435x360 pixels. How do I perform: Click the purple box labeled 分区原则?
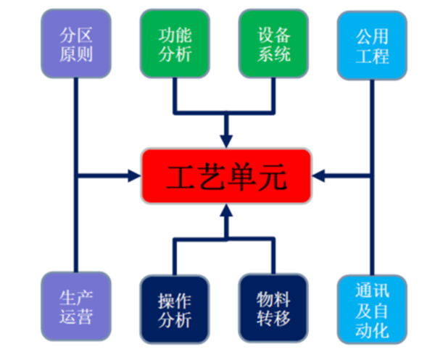(76, 43)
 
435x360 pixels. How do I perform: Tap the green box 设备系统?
(274, 43)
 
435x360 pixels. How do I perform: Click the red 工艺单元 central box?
(226, 176)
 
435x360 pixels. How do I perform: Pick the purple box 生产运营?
(76, 306)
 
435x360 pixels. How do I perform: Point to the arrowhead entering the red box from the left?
(134, 175)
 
